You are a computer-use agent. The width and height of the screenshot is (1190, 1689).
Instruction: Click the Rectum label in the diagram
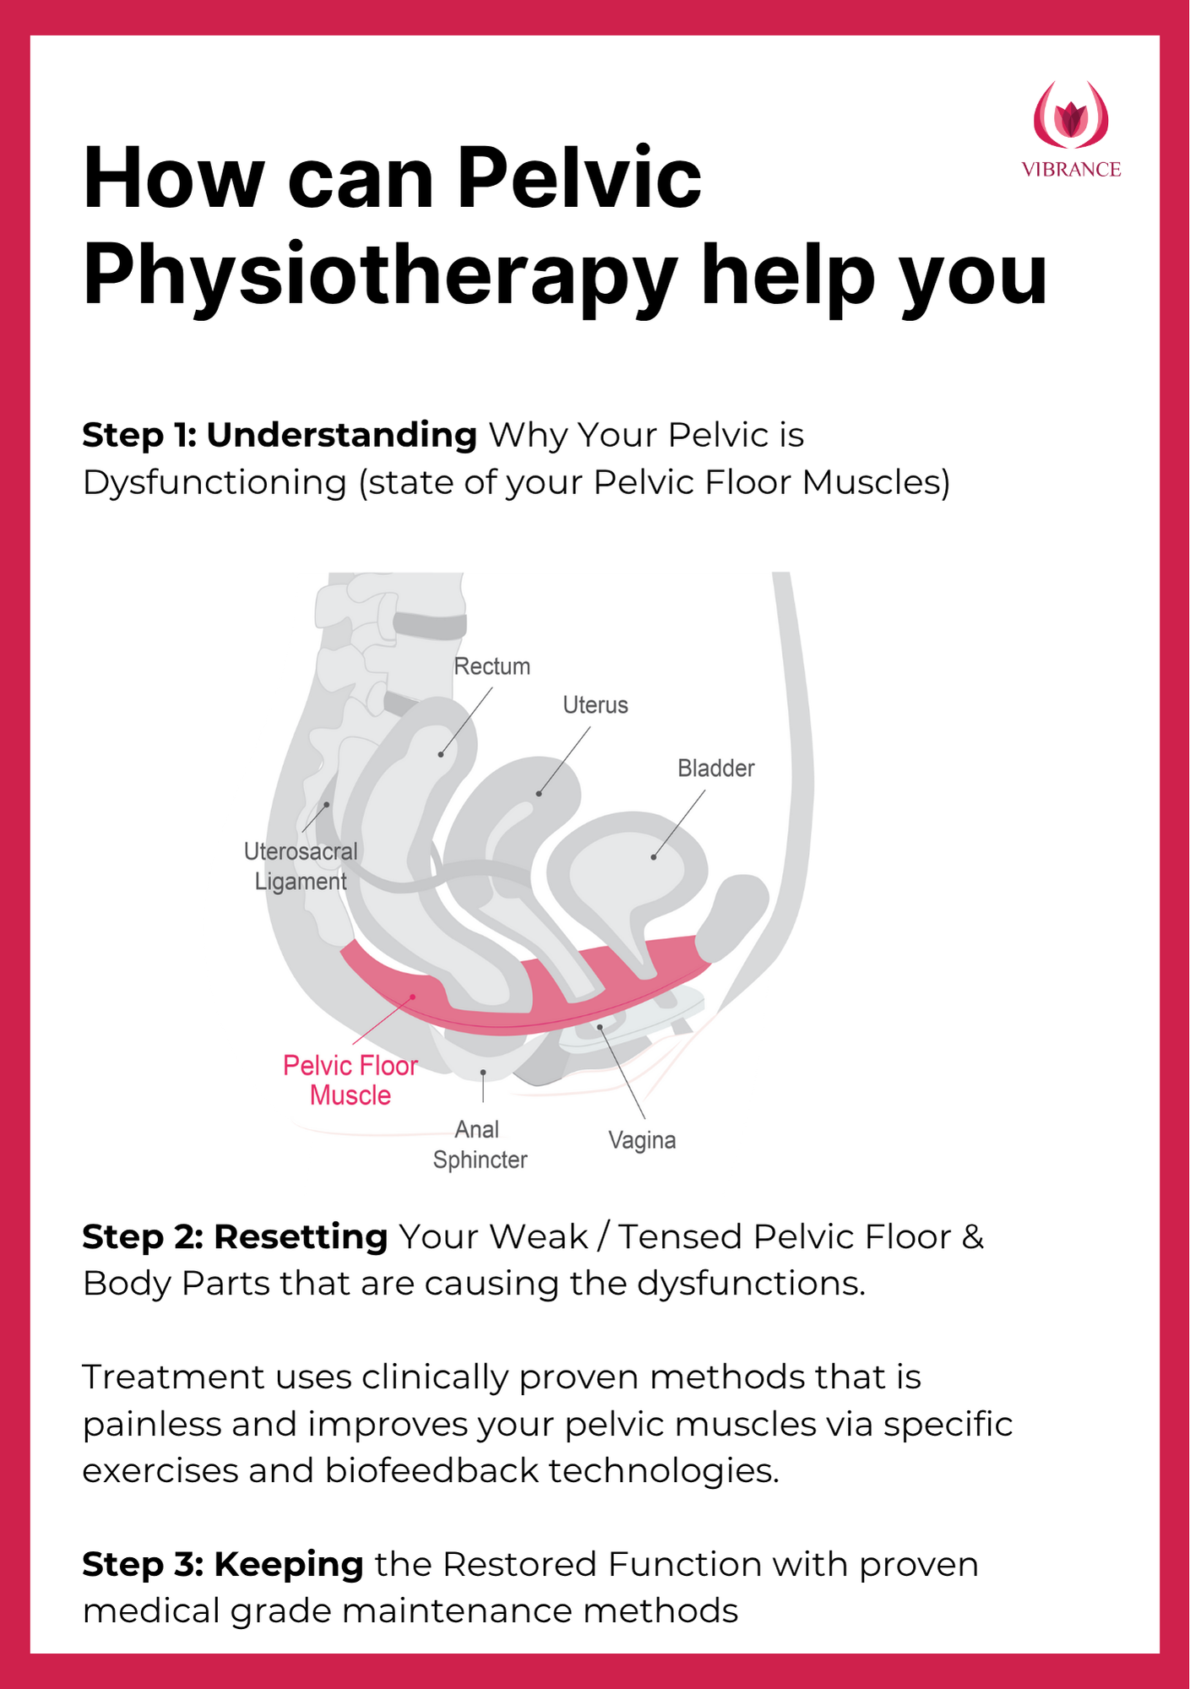tap(492, 666)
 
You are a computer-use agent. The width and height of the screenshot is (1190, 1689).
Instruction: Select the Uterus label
tap(595, 705)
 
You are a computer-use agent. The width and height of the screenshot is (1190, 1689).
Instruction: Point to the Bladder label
tap(715, 768)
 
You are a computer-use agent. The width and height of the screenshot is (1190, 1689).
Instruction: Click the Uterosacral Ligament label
tap(301, 866)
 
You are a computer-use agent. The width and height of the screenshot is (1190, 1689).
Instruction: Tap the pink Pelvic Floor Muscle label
tap(350, 1080)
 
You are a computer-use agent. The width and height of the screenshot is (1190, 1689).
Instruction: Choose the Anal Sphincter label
tap(480, 1144)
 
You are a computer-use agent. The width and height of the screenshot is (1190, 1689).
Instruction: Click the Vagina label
tap(642, 1140)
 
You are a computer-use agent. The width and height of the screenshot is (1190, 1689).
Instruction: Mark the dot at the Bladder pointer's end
tap(654, 857)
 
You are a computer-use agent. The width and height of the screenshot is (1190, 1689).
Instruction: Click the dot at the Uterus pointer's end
tap(539, 794)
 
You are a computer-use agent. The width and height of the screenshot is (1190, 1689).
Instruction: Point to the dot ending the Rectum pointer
tap(441, 754)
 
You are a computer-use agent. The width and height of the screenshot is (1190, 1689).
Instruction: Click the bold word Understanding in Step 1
tap(342, 435)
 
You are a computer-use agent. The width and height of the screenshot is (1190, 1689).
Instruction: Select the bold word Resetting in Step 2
tap(301, 1236)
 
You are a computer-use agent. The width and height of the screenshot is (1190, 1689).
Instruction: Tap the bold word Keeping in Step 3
tap(289, 1564)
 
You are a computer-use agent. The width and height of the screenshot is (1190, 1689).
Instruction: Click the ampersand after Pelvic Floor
tap(973, 1236)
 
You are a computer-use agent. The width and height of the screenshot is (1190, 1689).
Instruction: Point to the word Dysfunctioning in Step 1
tap(215, 482)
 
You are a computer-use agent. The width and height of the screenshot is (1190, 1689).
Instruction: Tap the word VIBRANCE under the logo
tap(1071, 170)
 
